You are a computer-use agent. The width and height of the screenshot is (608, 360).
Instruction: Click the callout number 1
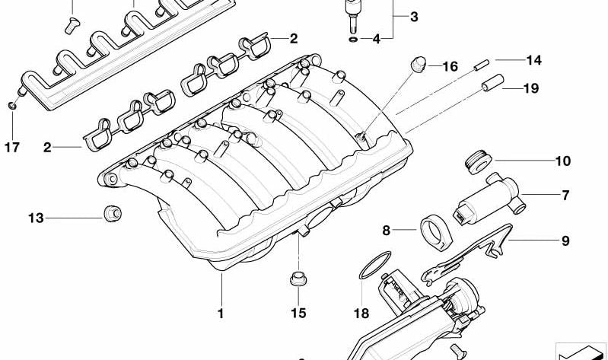pos(221,313)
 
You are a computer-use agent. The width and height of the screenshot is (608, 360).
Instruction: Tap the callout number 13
pos(36,218)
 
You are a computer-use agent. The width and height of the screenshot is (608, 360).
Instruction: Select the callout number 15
pos(298,313)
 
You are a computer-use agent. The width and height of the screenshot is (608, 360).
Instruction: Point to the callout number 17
pos(12,148)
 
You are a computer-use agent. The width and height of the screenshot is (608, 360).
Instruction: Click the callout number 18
pos(361,313)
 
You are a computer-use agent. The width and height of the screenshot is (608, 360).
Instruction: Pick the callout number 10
pos(563,161)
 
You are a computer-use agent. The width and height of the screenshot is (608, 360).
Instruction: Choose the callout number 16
pos(450,66)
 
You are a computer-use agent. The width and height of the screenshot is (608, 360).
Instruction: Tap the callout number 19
pos(531,88)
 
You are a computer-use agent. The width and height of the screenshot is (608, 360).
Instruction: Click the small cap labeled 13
pos(113,213)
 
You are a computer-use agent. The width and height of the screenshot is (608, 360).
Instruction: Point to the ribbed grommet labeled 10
pos(478,162)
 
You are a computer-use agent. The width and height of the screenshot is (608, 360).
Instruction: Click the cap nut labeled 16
pos(418,64)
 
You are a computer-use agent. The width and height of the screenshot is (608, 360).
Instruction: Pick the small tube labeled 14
pos(482,65)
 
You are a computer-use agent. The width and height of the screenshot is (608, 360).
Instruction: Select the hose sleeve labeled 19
pos(493,83)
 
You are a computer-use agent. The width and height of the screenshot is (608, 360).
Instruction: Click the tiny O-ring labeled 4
pos(353,39)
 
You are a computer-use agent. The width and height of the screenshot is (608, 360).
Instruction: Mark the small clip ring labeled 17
pos(12,105)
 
